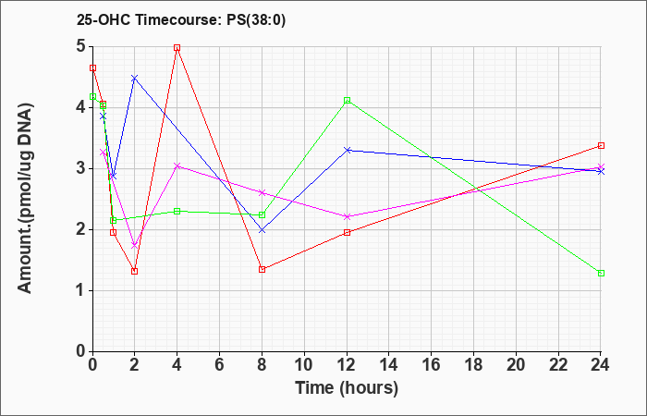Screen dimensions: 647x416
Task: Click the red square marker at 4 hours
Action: click(x=177, y=48)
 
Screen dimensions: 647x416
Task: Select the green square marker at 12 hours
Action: click(x=347, y=100)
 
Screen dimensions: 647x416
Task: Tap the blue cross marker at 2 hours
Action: click(x=134, y=78)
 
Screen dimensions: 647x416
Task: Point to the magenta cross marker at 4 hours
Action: click(x=177, y=165)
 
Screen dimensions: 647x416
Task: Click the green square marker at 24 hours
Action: click(x=601, y=274)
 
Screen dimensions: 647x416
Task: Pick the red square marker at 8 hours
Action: click(x=262, y=270)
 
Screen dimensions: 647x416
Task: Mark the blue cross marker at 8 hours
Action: click(x=262, y=230)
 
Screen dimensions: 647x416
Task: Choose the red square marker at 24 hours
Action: click(x=601, y=146)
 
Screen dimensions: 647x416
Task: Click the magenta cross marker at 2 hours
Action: click(x=134, y=246)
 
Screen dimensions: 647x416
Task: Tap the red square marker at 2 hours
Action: click(x=134, y=271)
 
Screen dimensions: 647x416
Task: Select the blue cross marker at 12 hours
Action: click(x=347, y=150)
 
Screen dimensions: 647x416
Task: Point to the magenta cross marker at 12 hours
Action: click(x=347, y=216)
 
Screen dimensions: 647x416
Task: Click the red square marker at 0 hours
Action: click(x=92, y=68)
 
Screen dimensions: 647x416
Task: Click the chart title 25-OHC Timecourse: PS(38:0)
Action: click(x=181, y=20)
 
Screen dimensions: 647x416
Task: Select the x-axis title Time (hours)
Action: click(x=347, y=388)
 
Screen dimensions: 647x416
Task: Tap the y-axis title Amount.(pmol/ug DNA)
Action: click(x=25, y=198)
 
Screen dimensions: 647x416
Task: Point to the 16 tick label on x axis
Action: click(x=432, y=365)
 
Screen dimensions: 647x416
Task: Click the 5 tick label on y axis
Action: click(x=81, y=46)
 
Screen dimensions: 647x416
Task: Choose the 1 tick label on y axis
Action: click(x=81, y=291)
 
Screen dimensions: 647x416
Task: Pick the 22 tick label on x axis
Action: click(x=558, y=365)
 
